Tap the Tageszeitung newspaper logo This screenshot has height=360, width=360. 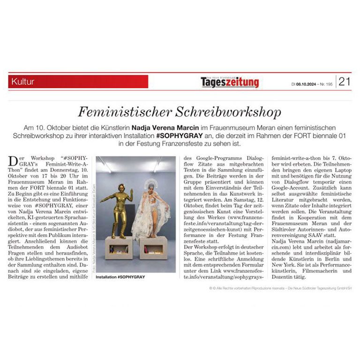click(x=230, y=82)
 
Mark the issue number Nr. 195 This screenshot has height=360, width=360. click(x=326, y=84)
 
